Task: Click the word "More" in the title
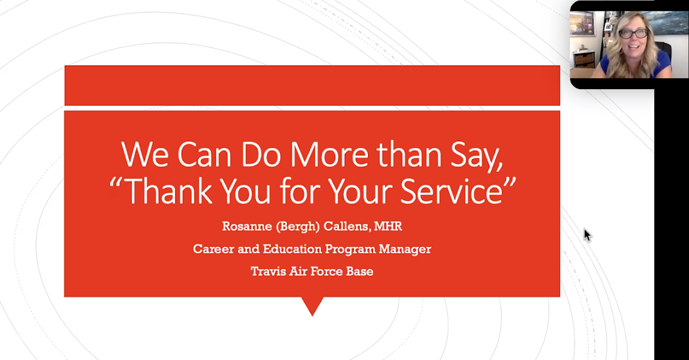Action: [329, 155]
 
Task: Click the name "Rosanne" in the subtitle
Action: [247, 226]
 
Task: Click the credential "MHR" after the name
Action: [388, 226]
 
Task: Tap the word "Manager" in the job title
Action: [405, 250]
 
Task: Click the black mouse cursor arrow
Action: [588, 235]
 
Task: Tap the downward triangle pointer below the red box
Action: [313, 304]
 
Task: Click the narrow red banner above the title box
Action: [312, 85]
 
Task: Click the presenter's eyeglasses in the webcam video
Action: [633, 33]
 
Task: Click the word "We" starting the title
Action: [144, 155]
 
